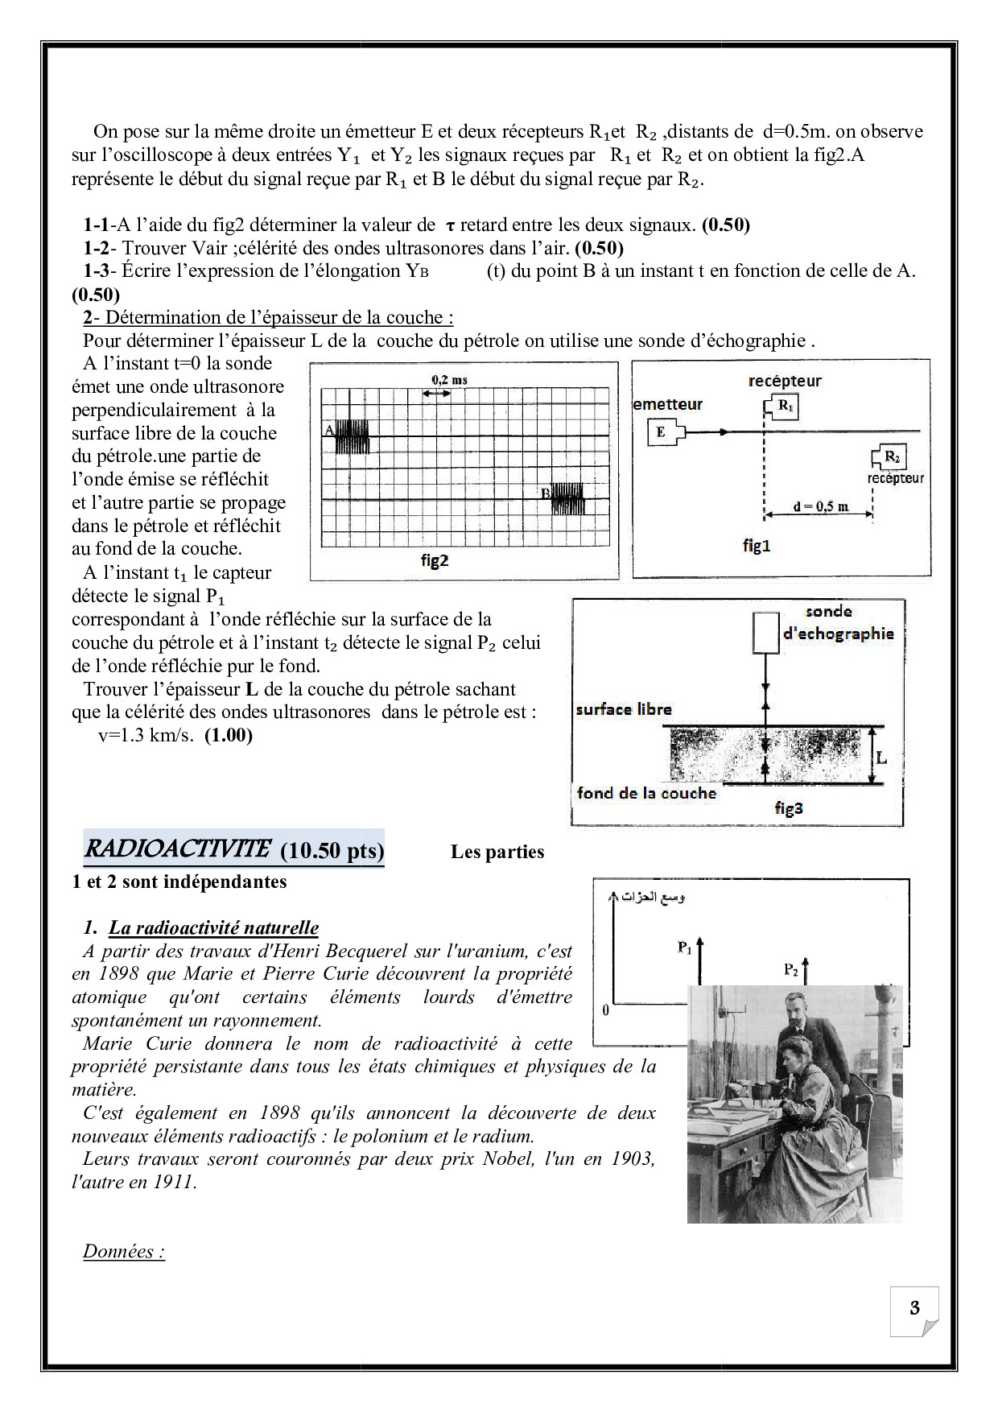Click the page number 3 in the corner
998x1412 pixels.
coord(914,1307)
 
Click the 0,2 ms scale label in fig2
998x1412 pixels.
coord(449,379)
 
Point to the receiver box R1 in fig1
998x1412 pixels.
coord(785,407)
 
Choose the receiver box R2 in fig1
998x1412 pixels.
coord(890,457)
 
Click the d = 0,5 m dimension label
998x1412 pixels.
coord(820,506)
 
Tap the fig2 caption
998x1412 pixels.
coord(435,560)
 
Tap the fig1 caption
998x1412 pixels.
coord(757,546)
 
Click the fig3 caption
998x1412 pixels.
coord(789,807)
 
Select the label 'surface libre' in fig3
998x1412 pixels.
coord(624,709)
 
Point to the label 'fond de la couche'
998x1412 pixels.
coord(646,793)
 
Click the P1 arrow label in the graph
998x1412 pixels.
coord(685,948)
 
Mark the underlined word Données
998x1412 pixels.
coord(124,1252)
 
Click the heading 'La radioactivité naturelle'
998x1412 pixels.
coord(214,927)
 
